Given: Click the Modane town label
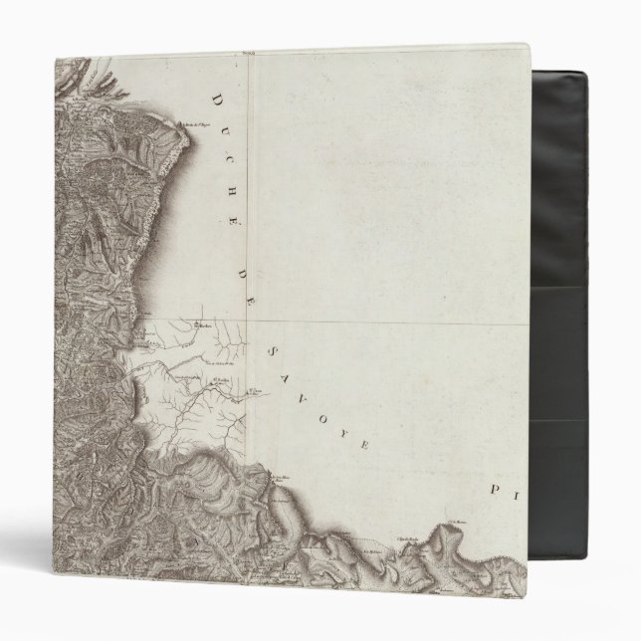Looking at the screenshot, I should point(205,324).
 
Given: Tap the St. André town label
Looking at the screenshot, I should point(221,379).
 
